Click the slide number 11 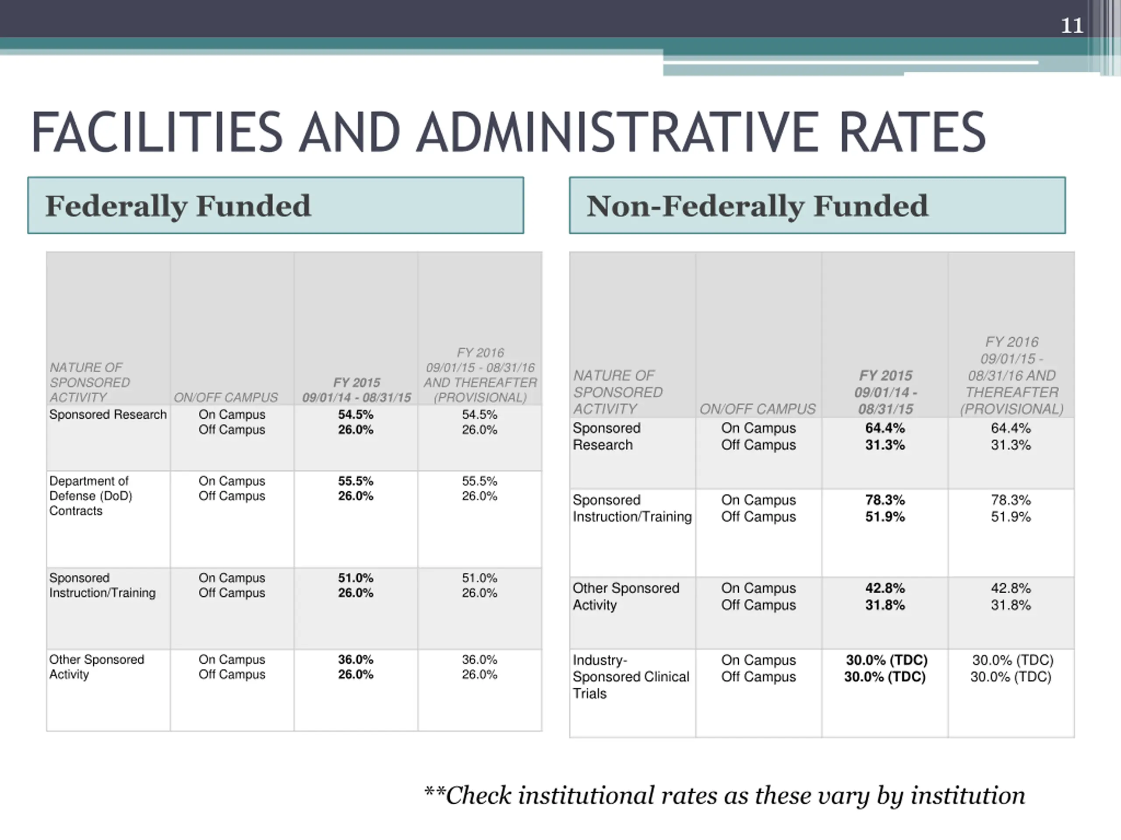click(x=1072, y=25)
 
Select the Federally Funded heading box click(x=276, y=205)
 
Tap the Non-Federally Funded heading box click(x=818, y=205)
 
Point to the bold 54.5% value click(x=356, y=415)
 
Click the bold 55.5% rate click(x=356, y=481)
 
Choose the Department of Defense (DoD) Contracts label click(x=91, y=496)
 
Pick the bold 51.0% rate click(x=356, y=578)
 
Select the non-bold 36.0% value click(x=479, y=660)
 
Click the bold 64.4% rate click(x=885, y=428)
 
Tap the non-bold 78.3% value click(x=1011, y=500)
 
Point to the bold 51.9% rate click(x=885, y=517)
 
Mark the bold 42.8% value click(x=885, y=588)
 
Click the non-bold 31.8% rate click(x=1011, y=605)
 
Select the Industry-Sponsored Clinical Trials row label click(x=631, y=677)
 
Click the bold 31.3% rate click(x=885, y=445)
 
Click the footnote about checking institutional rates click(x=725, y=796)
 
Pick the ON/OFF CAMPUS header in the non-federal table click(x=758, y=409)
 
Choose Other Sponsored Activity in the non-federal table click(x=626, y=596)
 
